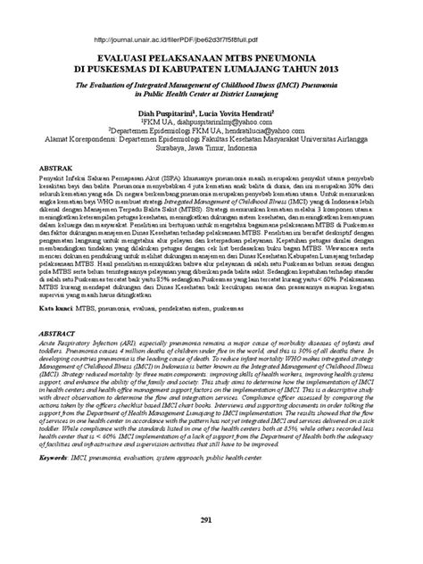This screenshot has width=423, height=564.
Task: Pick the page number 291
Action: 211,542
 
